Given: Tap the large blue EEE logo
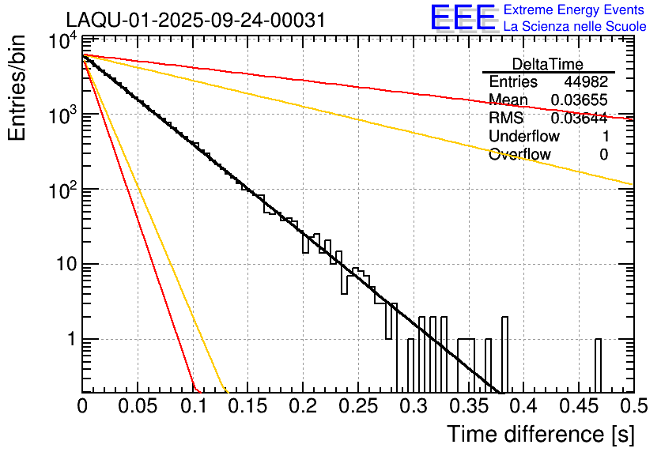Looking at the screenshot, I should click(463, 18).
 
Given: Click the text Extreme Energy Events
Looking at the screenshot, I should click(575, 10).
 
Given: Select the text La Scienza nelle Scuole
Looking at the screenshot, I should click(575, 27).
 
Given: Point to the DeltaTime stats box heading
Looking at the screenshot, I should click(548, 64).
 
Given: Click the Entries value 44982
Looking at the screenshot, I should click(585, 82).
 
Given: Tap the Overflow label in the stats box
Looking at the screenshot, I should click(519, 155).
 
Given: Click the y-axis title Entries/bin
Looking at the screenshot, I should click(19, 89).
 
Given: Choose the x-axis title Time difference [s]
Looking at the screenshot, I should click(539, 434).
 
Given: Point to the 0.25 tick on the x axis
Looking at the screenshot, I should click(357, 406).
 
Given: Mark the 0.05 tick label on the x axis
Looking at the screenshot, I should click(138, 406).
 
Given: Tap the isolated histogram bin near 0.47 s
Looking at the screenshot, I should click(598, 363).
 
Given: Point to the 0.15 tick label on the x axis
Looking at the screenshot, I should click(247, 406).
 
